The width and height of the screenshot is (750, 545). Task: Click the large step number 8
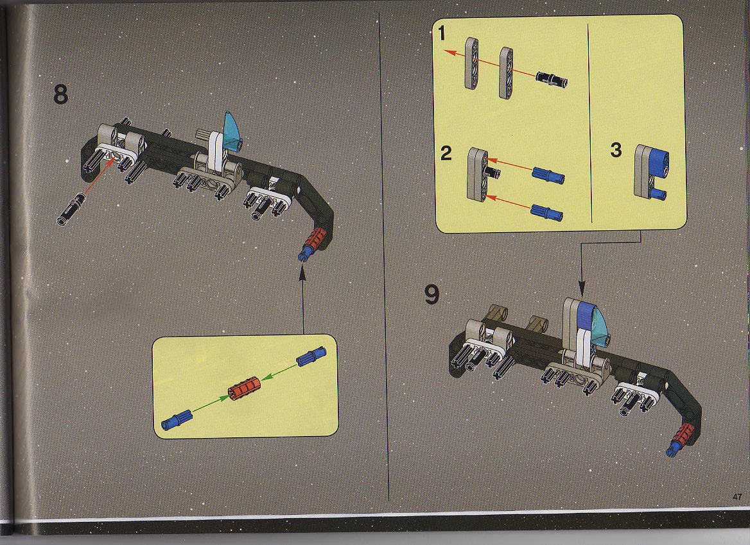[x=61, y=94]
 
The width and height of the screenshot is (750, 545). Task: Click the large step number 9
[x=432, y=295]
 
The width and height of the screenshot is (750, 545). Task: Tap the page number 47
[x=737, y=497]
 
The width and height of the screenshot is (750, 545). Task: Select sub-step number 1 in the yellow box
[x=442, y=33]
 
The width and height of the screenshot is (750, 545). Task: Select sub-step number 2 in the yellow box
[x=446, y=153]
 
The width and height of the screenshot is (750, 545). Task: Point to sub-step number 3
[x=616, y=150]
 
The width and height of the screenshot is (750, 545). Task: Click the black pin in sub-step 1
[x=552, y=78]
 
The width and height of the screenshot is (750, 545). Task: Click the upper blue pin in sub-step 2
[x=548, y=175]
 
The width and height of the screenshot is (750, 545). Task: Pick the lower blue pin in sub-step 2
[x=546, y=212]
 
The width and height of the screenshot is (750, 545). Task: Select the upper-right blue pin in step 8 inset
[x=311, y=356]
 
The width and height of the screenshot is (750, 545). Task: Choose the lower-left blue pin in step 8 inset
[x=177, y=420]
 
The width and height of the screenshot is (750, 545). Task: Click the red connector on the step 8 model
[x=316, y=239]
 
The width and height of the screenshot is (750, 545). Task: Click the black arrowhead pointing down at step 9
[x=582, y=289]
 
